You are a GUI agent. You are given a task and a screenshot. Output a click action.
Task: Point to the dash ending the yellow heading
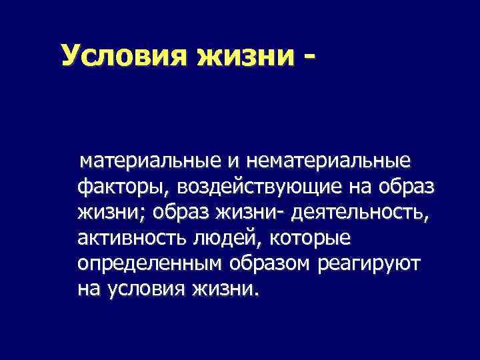click(307, 57)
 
